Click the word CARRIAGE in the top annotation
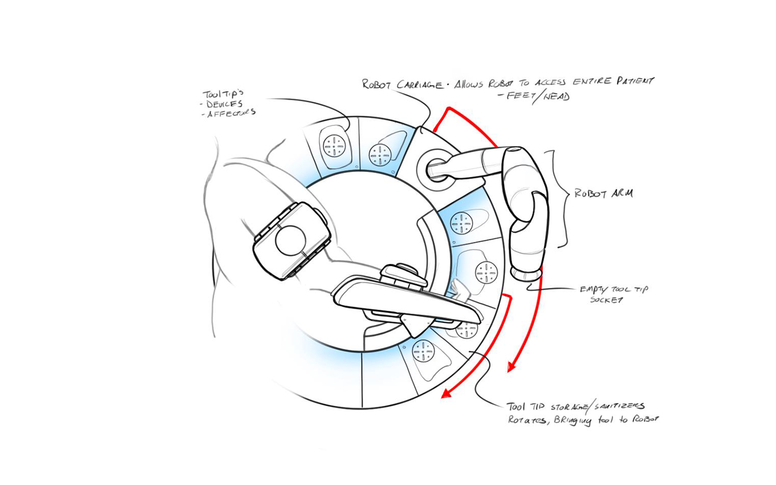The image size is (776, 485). (x=420, y=85)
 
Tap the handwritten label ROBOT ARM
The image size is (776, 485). (x=603, y=193)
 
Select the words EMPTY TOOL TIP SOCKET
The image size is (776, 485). (x=613, y=294)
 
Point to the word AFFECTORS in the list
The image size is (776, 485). (x=231, y=114)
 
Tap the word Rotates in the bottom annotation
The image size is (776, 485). (x=527, y=419)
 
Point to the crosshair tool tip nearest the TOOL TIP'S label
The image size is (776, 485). (x=334, y=145)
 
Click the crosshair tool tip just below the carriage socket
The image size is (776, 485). (x=461, y=223)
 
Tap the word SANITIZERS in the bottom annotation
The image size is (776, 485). (x=619, y=407)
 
